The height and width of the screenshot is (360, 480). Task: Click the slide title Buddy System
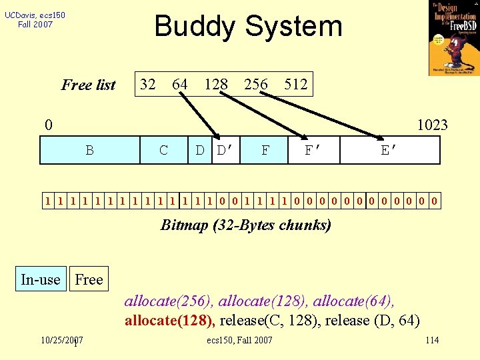pyautogui.click(x=248, y=27)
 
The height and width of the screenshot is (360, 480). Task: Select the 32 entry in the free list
pyautogui.click(x=148, y=85)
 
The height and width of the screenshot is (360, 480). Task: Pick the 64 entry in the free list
pyautogui.click(x=180, y=85)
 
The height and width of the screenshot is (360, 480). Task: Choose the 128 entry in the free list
pyautogui.click(x=216, y=85)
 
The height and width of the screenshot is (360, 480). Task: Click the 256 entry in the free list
pyautogui.click(x=256, y=85)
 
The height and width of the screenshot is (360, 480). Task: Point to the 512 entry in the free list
pyautogui.click(x=295, y=85)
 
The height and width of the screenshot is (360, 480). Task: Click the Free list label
pyautogui.click(x=88, y=85)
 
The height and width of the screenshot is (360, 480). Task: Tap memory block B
pyautogui.click(x=89, y=151)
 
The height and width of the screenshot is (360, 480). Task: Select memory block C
pyautogui.click(x=164, y=151)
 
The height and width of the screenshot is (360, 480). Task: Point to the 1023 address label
pyautogui.click(x=432, y=125)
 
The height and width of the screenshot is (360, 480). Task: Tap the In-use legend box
pyautogui.click(x=41, y=279)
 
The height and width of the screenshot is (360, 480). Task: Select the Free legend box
pyautogui.click(x=89, y=279)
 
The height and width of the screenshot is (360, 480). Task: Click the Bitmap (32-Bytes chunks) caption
pyautogui.click(x=245, y=225)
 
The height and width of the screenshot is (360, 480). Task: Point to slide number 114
pyautogui.click(x=432, y=341)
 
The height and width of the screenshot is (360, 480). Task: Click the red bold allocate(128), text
pyautogui.click(x=169, y=321)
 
